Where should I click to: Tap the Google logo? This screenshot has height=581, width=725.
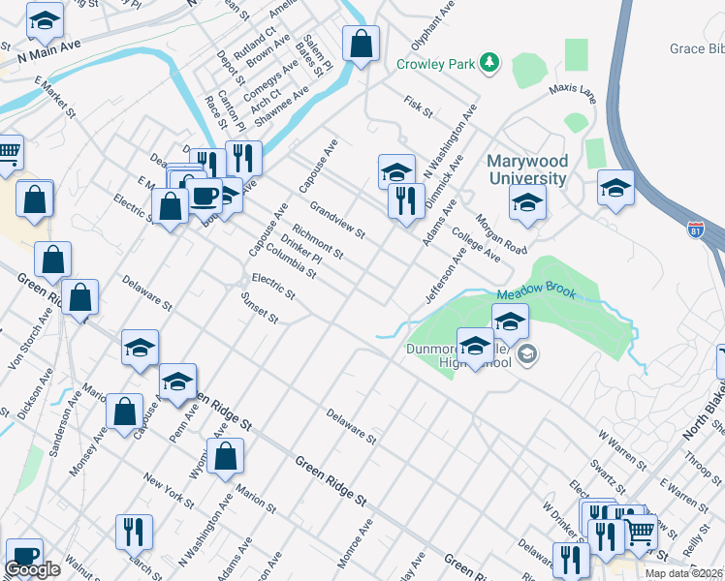(x=32, y=569)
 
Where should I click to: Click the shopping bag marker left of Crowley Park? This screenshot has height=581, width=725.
(x=361, y=45)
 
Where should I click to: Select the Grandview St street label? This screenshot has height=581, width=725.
(x=336, y=220)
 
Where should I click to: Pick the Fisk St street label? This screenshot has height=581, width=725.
(x=418, y=107)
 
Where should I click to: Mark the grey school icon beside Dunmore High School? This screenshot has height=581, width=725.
(x=526, y=354)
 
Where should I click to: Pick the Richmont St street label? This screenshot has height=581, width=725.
(x=318, y=241)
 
